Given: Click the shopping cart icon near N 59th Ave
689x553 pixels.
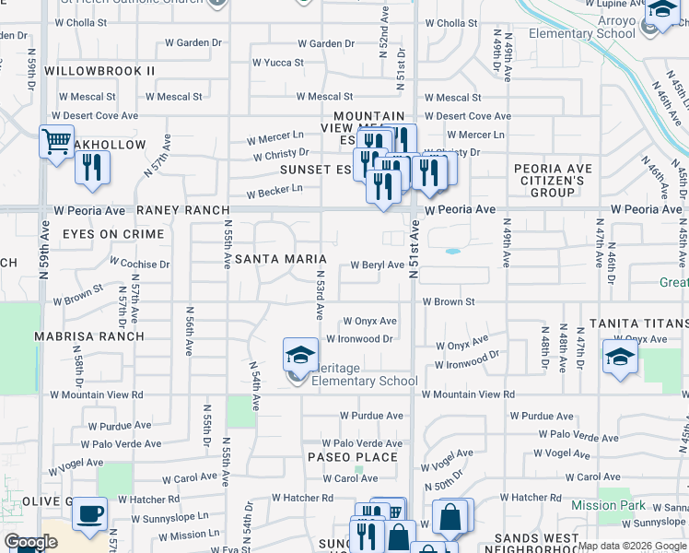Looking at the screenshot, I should pos(57,143).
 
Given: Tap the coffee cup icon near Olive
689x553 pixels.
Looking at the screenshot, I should pos(89,514).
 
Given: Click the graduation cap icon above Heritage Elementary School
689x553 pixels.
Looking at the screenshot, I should pos(300,354).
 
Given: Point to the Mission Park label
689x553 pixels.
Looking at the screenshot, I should pos(608,505).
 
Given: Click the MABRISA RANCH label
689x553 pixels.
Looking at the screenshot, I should pos(89,336).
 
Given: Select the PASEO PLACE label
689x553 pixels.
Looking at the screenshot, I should pos(353,457).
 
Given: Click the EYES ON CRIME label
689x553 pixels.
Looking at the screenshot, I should pos(112,234).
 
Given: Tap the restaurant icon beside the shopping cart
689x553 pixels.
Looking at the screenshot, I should pos(92,167).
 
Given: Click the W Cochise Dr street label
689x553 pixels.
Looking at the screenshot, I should pos(139,265).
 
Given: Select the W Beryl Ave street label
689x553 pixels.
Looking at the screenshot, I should pos(378,265).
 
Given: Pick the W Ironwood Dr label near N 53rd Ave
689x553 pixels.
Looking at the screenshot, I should pos(360,339).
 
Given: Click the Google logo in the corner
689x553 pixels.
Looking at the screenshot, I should pos(29,543).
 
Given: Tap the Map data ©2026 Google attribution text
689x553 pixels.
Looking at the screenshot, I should pos(632,546).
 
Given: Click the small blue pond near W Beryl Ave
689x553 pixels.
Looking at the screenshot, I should pos(452,251).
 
